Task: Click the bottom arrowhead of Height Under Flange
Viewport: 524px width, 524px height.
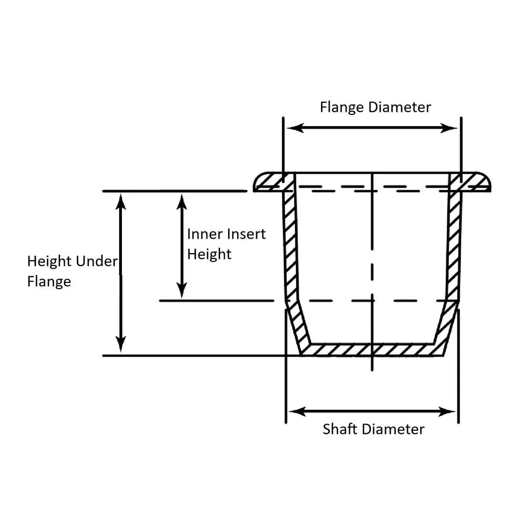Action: tap(121, 345)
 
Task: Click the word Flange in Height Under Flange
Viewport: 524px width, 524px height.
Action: tap(49, 282)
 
